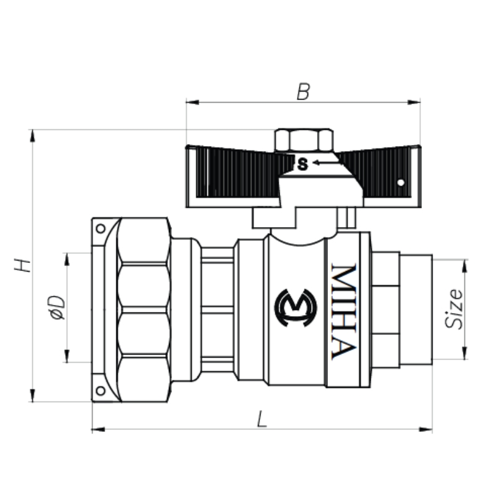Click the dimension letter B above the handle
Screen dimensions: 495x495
[x=303, y=92]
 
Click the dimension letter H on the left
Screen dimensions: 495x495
[x=22, y=265]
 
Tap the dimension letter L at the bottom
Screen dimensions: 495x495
[x=262, y=420]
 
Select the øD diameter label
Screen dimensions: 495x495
[x=57, y=308]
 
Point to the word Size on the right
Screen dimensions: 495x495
[x=454, y=308]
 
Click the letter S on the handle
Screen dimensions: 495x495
[x=303, y=165]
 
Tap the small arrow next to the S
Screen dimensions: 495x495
[x=325, y=163]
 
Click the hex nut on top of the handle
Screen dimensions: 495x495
[x=304, y=140]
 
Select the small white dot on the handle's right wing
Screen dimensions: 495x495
[x=400, y=183]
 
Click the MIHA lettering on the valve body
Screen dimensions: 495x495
[x=344, y=311]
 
